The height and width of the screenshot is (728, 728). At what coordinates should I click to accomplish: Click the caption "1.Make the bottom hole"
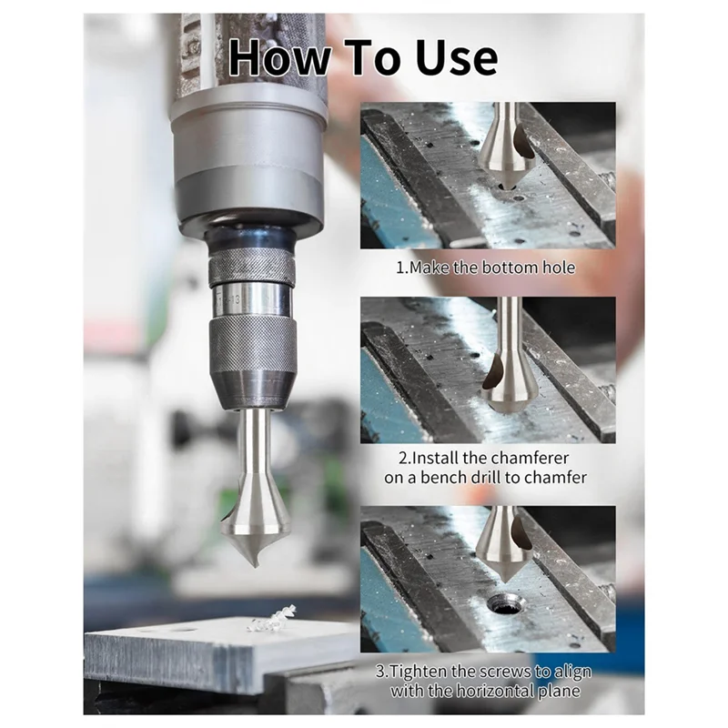coord(485,268)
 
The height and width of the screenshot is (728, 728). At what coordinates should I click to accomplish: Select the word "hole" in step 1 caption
coord(557,268)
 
